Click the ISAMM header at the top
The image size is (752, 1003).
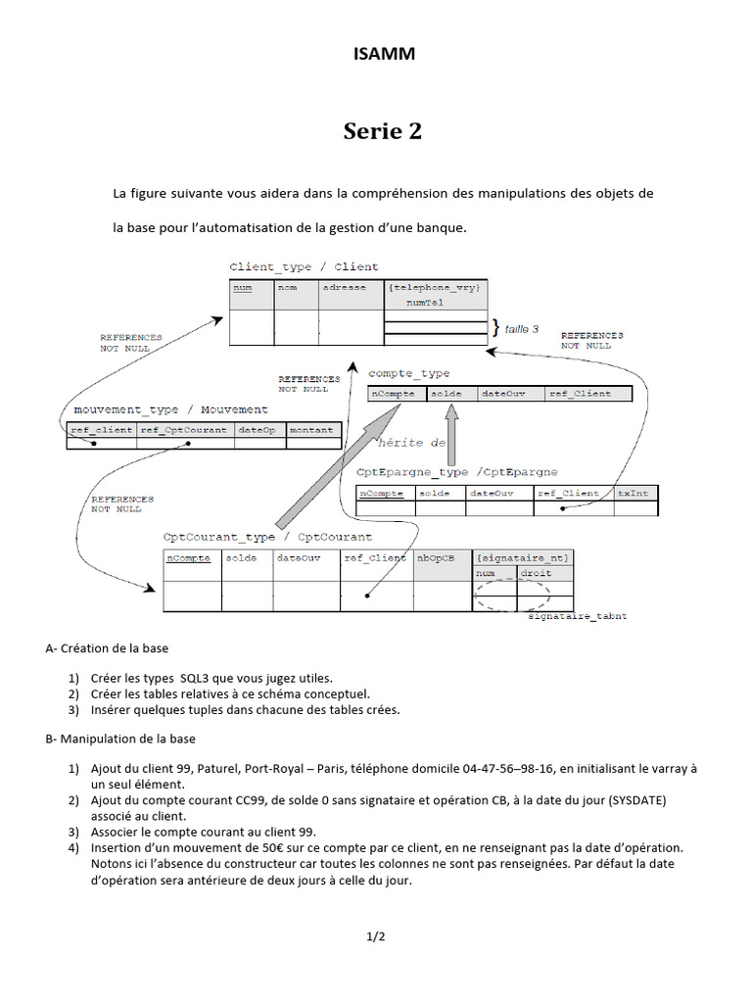coord(384,54)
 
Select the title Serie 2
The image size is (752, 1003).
coord(383,131)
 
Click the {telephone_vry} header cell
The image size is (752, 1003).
coord(434,288)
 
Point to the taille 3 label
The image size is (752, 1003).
coord(521,329)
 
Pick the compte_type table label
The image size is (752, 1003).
coord(408,373)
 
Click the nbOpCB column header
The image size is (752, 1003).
coord(436,558)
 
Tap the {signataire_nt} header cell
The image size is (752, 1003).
coord(522,558)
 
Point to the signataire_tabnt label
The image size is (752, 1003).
coord(577,617)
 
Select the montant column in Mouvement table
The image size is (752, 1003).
coord(310,429)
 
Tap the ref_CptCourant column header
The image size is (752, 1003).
coord(184,429)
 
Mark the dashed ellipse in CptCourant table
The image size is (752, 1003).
coord(512,597)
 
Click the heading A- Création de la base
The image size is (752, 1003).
coord(113,648)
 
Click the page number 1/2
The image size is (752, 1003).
coord(376,937)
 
